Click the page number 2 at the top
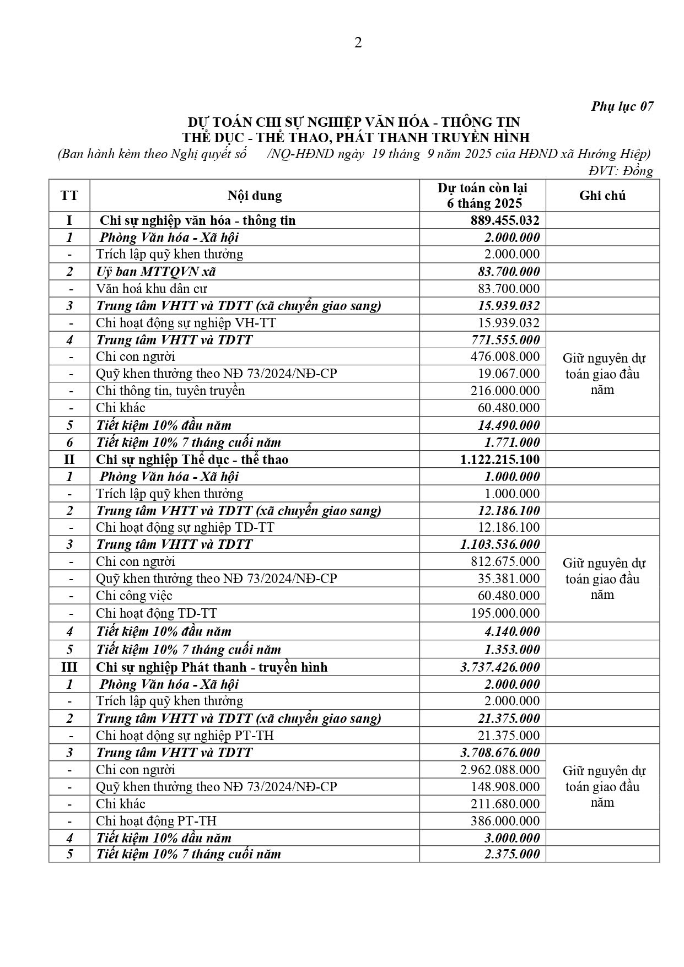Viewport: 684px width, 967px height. pyautogui.click(x=358, y=43)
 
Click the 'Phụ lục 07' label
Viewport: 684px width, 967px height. pyautogui.click(x=622, y=106)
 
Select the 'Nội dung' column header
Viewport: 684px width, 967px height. pyautogui.click(x=255, y=196)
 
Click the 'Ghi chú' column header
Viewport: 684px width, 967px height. pyautogui.click(x=602, y=196)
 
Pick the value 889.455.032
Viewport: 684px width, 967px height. pyautogui.click(x=505, y=220)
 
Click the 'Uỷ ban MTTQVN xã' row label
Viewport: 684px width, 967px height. pyautogui.click(x=156, y=272)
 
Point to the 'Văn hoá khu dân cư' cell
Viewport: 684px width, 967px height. pyautogui.click(x=152, y=289)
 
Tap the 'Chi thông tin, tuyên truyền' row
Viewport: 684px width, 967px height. pyautogui.click(x=170, y=391)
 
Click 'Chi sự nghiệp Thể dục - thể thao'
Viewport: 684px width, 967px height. pyautogui.click(x=192, y=460)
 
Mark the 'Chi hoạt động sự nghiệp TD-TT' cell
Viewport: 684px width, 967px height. pyautogui.click(x=185, y=527)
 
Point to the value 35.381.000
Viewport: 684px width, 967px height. pyautogui.click(x=508, y=579)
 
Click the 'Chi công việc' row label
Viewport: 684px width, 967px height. pyautogui.click(x=134, y=596)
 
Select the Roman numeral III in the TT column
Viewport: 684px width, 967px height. pyautogui.click(x=69, y=667)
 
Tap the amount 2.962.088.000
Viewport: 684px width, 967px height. pyautogui.click(x=500, y=770)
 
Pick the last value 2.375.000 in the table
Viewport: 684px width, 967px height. pyautogui.click(x=512, y=854)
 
